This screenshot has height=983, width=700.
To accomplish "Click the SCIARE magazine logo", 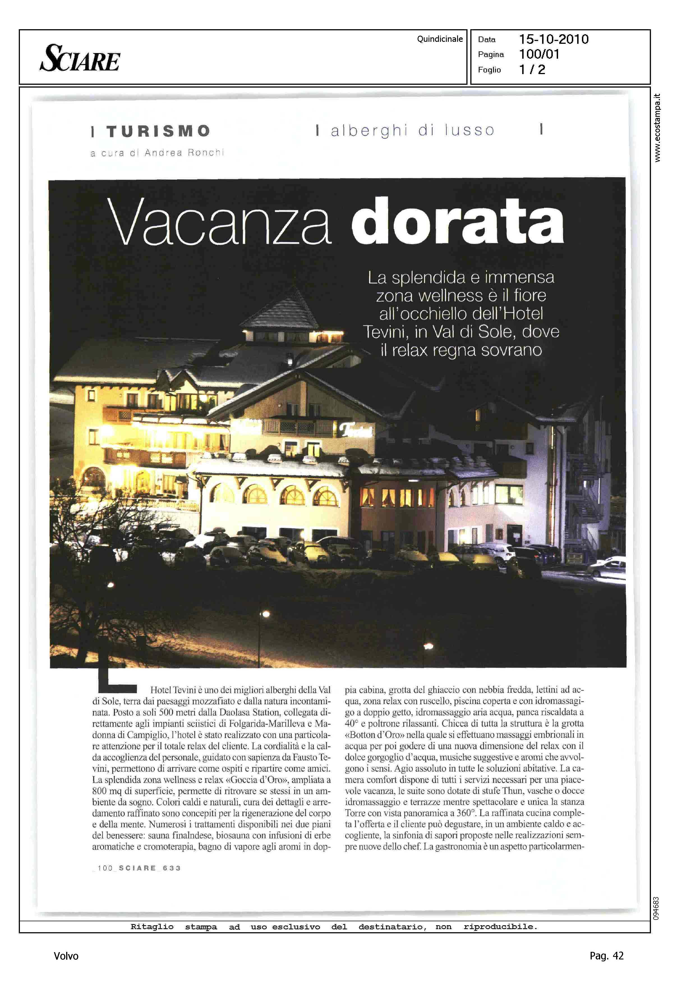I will click(80, 58).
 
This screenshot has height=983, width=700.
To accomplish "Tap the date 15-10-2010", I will click(553, 39).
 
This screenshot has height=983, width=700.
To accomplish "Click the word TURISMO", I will click(158, 131).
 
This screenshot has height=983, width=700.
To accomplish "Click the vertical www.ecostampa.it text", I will click(657, 128).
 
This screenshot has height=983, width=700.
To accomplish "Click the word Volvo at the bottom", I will click(66, 956).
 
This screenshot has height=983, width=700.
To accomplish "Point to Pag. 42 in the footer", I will click(606, 955).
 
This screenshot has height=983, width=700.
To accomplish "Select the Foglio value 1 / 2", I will click(532, 70).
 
